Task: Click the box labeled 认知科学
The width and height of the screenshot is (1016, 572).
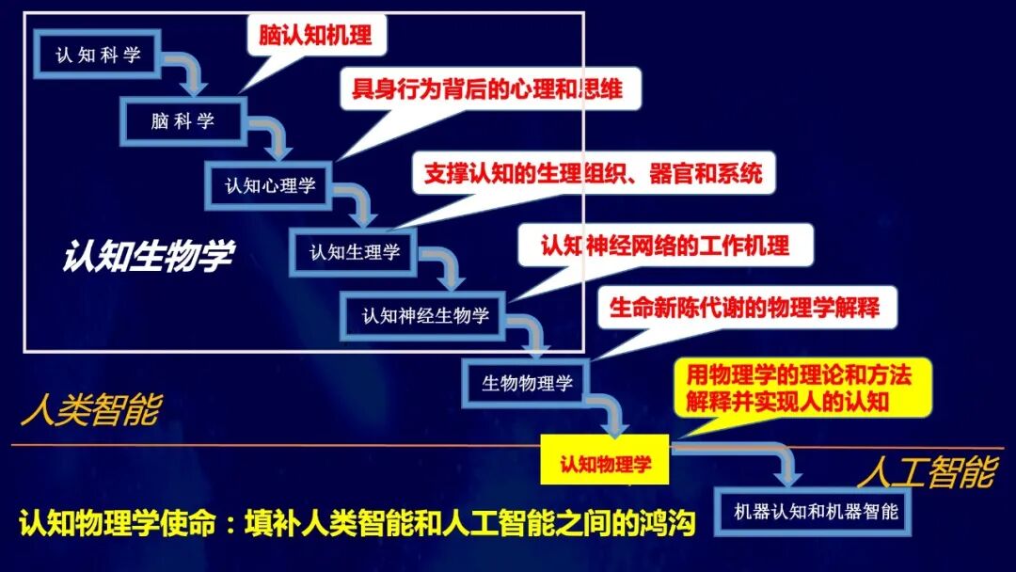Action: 98,56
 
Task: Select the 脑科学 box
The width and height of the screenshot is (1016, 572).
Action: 183,120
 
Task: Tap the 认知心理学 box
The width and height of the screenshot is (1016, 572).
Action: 270,185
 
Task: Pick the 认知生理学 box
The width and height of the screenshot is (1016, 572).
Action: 355,252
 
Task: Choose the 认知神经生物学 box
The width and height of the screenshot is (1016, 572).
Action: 426,316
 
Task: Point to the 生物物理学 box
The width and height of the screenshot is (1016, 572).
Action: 528,383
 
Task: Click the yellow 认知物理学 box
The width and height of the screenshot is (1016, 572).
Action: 605,463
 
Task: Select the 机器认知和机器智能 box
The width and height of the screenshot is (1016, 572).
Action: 816,512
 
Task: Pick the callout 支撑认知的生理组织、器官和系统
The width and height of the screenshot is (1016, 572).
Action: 594,174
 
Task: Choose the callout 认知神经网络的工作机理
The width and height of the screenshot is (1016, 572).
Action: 664,246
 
